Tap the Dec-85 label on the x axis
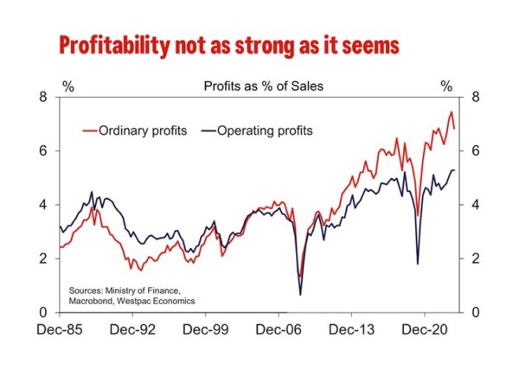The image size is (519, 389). click(x=60, y=329)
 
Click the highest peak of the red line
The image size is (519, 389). click(x=451, y=112)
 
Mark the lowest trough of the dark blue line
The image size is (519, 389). click(x=300, y=295)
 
